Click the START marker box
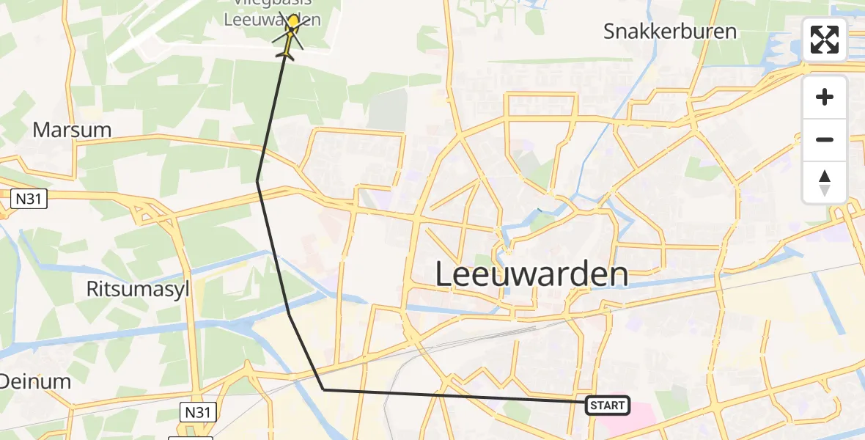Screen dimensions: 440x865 pos(607,405)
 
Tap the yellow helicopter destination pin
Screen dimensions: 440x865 pos(293,22)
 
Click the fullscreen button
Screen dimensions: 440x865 pos(825,40)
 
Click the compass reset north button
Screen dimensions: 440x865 pos(825,183)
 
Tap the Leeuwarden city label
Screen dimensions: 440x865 pos(531,275)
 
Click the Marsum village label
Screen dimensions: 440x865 pos(72,131)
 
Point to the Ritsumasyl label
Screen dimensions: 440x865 pos(138,289)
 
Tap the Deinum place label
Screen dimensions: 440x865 pos(35,381)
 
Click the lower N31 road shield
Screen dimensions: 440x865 pos(196,412)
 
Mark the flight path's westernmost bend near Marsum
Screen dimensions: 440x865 pos(257,180)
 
